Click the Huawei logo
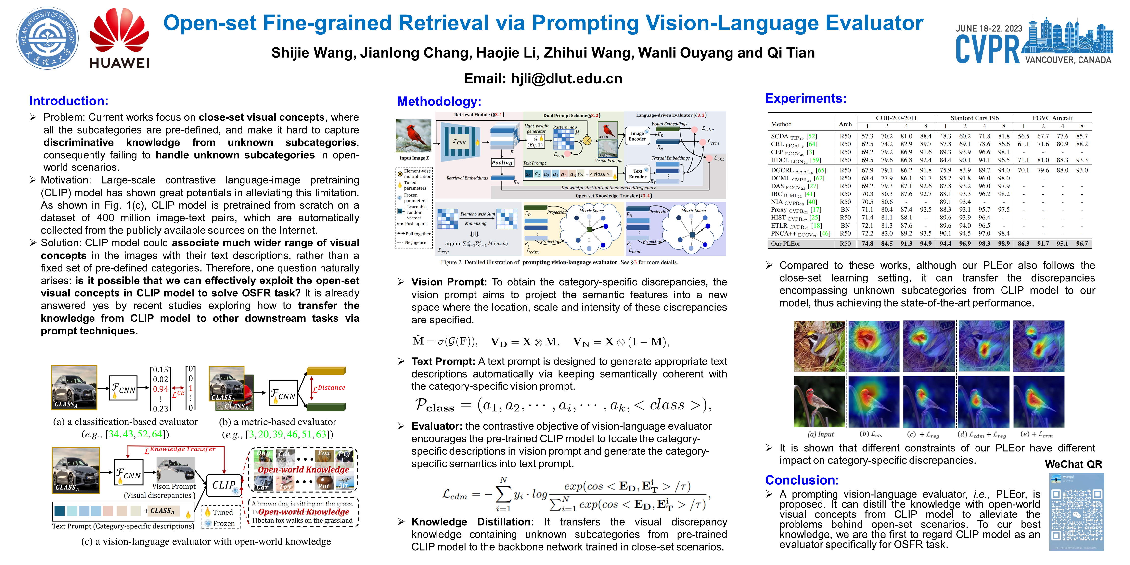click(119, 39)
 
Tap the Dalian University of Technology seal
click(47, 38)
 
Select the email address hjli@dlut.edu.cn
click(566, 78)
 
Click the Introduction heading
click(68, 101)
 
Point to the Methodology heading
click(439, 101)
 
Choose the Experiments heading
click(805, 98)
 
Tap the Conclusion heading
click(802, 480)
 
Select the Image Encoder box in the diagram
click(637, 136)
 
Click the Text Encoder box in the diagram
click(637, 174)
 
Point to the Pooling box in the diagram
click(502, 162)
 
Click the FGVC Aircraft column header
click(1052, 118)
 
